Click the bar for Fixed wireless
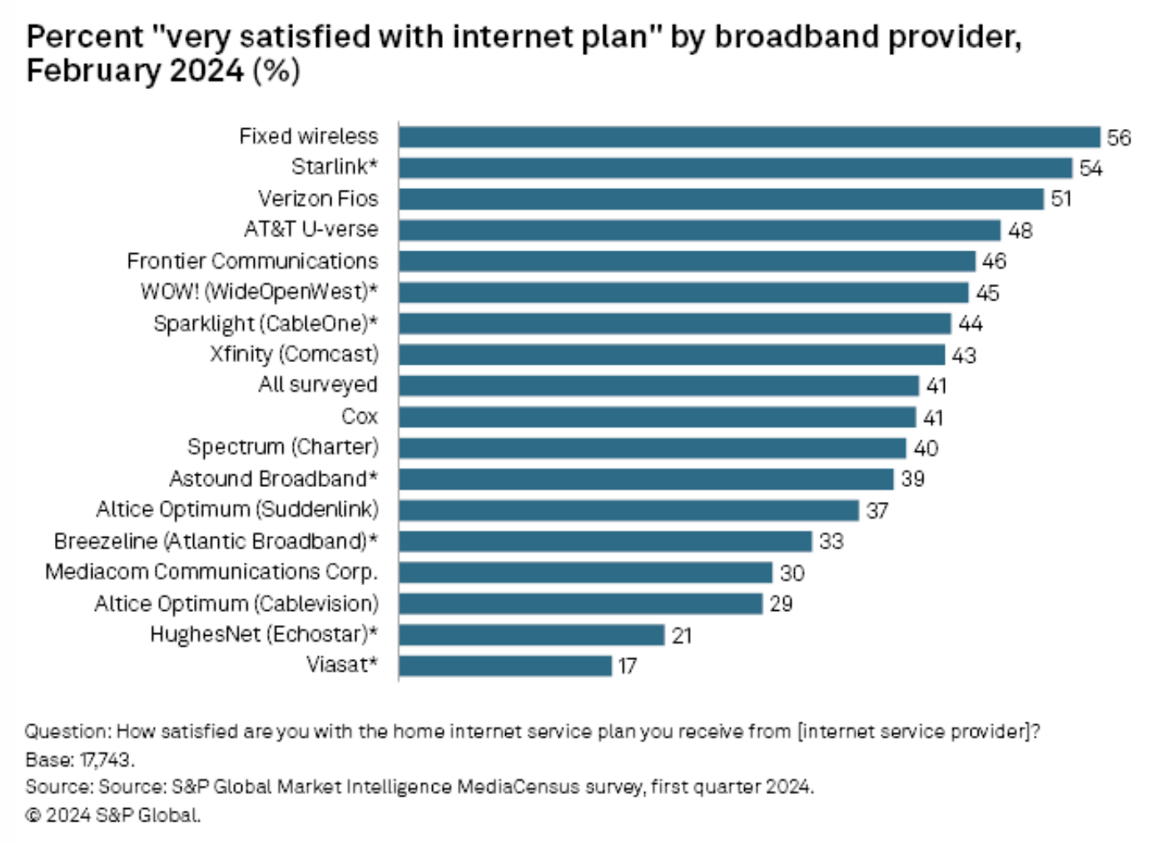click(x=749, y=137)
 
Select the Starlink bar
click(x=735, y=168)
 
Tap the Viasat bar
click(x=504, y=666)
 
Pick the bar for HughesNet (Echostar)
click(x=531, y=635)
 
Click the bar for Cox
click(x=657, y=417)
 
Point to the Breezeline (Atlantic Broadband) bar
click(x=604, y=541)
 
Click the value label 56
click(x=1119, y=137)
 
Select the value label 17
click(x=627, y=666)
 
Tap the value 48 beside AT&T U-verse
click(x=1020, y=231)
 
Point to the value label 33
click(x=831, y=541)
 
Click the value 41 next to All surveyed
click(x=936, y=386)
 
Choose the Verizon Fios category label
click(x=318, y=199)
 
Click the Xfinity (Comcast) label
click(x=294, y=355)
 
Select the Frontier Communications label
click(x=252, y=261)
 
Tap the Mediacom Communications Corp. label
click(x=211, y=572)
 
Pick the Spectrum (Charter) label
click(x=282, y=447)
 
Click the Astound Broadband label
click(x=273, y=479)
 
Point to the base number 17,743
click(x=106, y=760)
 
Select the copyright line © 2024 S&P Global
click(x=113, y=815)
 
